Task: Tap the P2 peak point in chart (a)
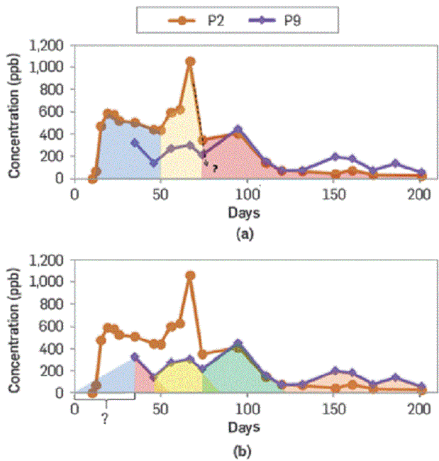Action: (x=190, y=62)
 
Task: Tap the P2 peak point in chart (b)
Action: (x=190, y=275)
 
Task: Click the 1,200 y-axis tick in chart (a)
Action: (x=48, y=45)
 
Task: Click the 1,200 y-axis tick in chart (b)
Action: (x=48, y=260)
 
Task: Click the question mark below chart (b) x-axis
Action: (x=105, y=418)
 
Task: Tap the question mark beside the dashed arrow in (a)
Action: (x=213, y=168)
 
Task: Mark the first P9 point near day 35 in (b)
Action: (x=134, y=357)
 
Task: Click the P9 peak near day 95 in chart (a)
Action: (x=238, y=130)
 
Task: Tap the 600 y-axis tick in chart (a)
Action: (x=55, y=112)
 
